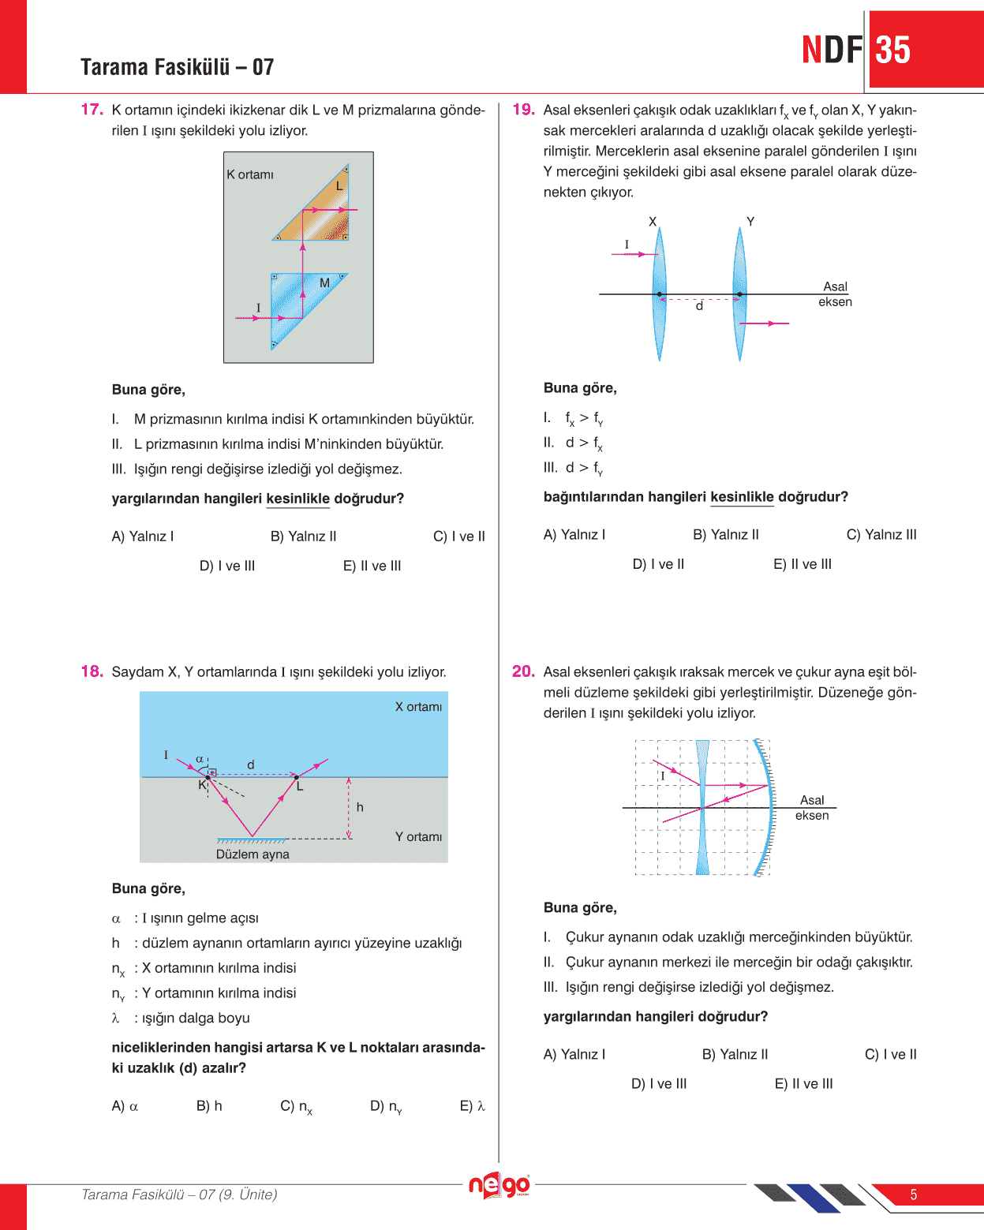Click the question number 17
point(92,110)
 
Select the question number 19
point(523,110)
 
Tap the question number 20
point(523,671)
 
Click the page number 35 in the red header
point(893,50)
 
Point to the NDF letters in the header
point(832,50)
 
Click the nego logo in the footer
point(499,1185)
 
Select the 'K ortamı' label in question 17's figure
point(250,174)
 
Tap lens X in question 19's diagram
point(659,293)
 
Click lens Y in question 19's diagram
point(739,293)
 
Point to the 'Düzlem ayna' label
point(253,854)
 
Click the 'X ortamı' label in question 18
point(418,707)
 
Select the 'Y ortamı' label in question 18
point(418,836)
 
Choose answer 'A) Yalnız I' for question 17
point(143,536)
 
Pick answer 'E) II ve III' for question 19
point(803,564)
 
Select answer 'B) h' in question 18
point(209,1106)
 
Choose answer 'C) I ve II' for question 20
point(890,1055)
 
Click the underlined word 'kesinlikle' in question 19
point(742,497)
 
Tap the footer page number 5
point(914,1194)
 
